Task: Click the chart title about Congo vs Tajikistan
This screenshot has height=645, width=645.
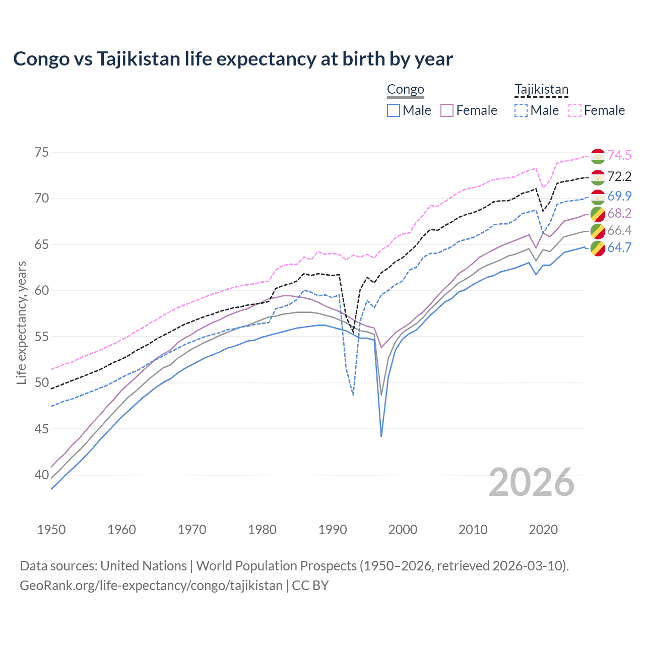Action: pyautogui.click(x=233, y=59)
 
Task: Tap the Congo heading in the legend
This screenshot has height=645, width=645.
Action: pyautogui.click(x=405, y=90)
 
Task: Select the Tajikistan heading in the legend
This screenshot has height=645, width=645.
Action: pyautogui.click(x=541, y=90)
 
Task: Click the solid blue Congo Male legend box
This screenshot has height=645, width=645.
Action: pyautogui.click(x=394, y=110)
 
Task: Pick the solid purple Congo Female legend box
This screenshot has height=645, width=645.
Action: pyautogui.click(x=447, y=110)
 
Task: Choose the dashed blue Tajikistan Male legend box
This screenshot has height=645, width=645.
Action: pyautogui.click(x=521, y=110)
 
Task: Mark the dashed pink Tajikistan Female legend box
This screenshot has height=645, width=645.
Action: pyautogui.click(x=575, y=110)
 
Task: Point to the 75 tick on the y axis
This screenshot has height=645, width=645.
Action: pyautogui.click(x=42, y=152)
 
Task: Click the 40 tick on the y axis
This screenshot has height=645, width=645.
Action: pyautogui.click(x=42, y=475)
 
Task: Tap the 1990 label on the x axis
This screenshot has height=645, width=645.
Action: pyautogui.click(x=333, y=530)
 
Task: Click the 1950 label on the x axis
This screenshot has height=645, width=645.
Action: pyautogui.click(x=51, y=530)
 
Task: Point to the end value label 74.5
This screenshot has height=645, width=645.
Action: pyautogui.click(x=619, y=155)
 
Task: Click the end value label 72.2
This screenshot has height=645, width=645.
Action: pyautogui.click(x=619, y=176)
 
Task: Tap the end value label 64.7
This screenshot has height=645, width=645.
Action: pyautogui.click(x=619, y=247)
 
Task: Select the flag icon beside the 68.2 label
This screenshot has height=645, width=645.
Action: pyautogui.click(x=598, y=214)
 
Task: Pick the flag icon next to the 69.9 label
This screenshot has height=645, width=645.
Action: pyautogui.click(x=598, y=197)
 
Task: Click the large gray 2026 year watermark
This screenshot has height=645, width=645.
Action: pyautogui.click(x=532, y=483)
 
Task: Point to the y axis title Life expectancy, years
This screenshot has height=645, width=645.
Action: pyautogui.click(x=22, y=322)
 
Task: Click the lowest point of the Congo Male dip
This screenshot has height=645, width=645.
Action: pyautogui.click(x=381, y=436)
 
